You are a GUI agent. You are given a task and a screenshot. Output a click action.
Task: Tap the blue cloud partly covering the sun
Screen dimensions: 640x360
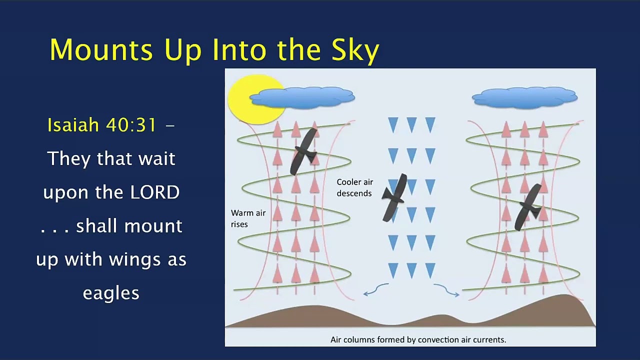pos(302,97)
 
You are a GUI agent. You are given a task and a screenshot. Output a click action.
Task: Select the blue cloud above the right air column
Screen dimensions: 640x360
pos(524,97)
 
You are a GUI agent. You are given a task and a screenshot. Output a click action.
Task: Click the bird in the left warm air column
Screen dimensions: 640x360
pos(304,151)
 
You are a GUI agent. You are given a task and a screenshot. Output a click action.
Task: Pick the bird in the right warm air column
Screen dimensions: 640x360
pos(528,207)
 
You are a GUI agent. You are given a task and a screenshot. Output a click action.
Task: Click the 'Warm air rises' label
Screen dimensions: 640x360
pos(248,218)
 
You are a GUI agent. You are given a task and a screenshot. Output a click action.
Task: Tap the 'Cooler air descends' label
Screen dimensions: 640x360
pos(355,187)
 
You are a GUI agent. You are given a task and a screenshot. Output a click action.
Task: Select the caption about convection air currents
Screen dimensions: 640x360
pos(418,339)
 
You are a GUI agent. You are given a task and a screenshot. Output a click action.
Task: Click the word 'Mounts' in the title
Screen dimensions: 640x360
pos(101,49)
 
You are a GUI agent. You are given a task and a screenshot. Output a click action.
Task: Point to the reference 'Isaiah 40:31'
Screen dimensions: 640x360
pos(101,125)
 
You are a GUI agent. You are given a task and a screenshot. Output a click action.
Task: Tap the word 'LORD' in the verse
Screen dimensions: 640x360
pos(154,192)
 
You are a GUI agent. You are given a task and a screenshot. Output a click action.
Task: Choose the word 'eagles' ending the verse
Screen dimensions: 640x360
pos(111,293)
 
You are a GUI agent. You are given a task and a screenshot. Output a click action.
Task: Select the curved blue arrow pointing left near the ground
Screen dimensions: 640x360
pos(375,289)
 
